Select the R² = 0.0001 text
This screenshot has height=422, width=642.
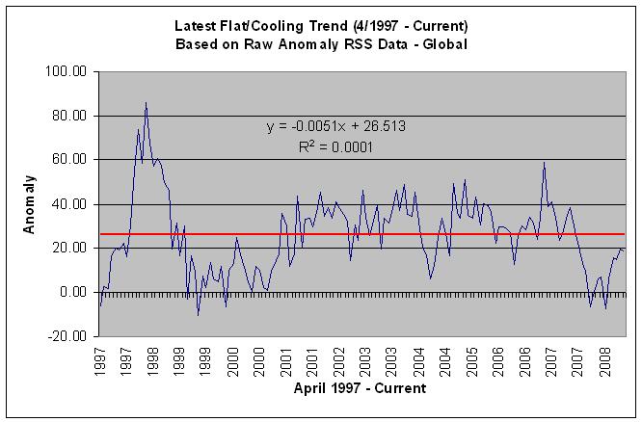tap(335, 147)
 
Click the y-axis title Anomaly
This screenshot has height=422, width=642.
tap(30, 203)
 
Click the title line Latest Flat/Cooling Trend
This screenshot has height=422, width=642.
tap(322, 26)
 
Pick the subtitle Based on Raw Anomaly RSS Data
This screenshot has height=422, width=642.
tap(322, 44)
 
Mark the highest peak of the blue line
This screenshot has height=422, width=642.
tap(146, 102)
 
